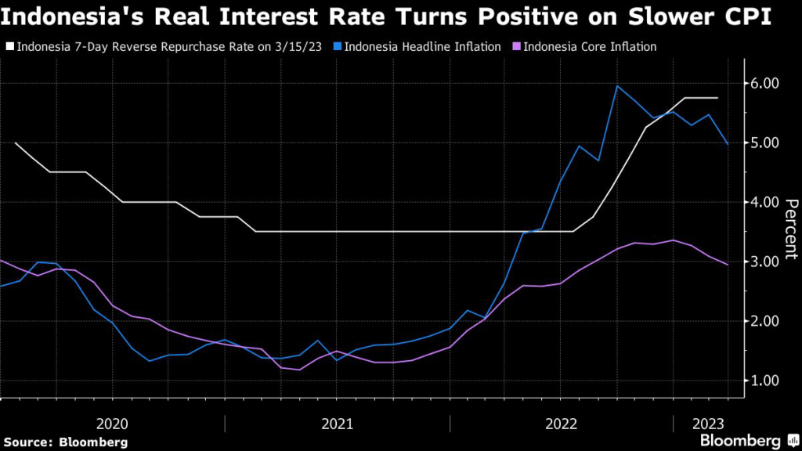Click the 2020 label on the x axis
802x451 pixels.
(x=111, y=424)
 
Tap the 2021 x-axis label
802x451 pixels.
(x=337, y=424)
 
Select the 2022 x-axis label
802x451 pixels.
(x=562, y=424)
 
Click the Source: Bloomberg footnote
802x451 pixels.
(x=66, y=442)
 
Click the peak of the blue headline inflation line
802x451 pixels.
(x=617, y=86)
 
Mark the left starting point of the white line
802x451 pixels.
(x=16, y=143)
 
